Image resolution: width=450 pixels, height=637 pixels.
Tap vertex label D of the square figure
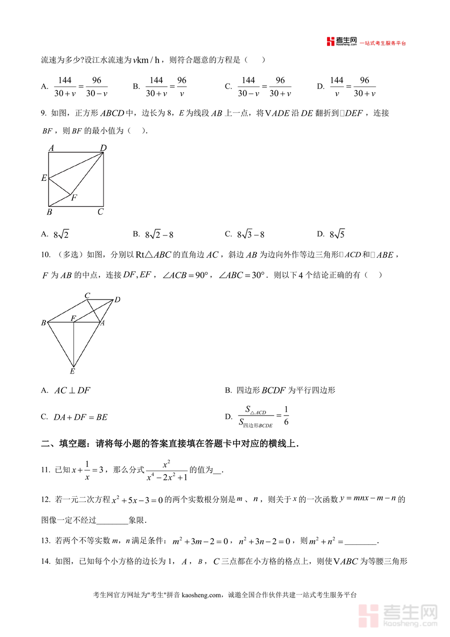pos(103,148)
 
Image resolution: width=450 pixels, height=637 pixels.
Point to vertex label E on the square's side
pos(44,178)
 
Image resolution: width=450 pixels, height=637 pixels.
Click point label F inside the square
pos(74,198)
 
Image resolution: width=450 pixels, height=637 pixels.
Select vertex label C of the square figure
pos(100,212)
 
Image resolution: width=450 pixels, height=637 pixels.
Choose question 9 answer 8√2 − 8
pos(159,234)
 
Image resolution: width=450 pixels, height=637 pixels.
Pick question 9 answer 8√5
pos(337,234)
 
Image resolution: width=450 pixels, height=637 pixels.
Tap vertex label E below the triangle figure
pos(72,371)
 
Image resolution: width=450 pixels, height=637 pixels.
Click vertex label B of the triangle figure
pos(43,323)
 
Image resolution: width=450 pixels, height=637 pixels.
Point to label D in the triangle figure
pos(117,299)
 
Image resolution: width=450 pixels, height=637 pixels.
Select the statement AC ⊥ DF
pos(72,391)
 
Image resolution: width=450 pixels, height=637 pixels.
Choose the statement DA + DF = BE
pos(80,417)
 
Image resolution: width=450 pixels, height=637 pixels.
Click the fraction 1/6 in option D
pos(286,416)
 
